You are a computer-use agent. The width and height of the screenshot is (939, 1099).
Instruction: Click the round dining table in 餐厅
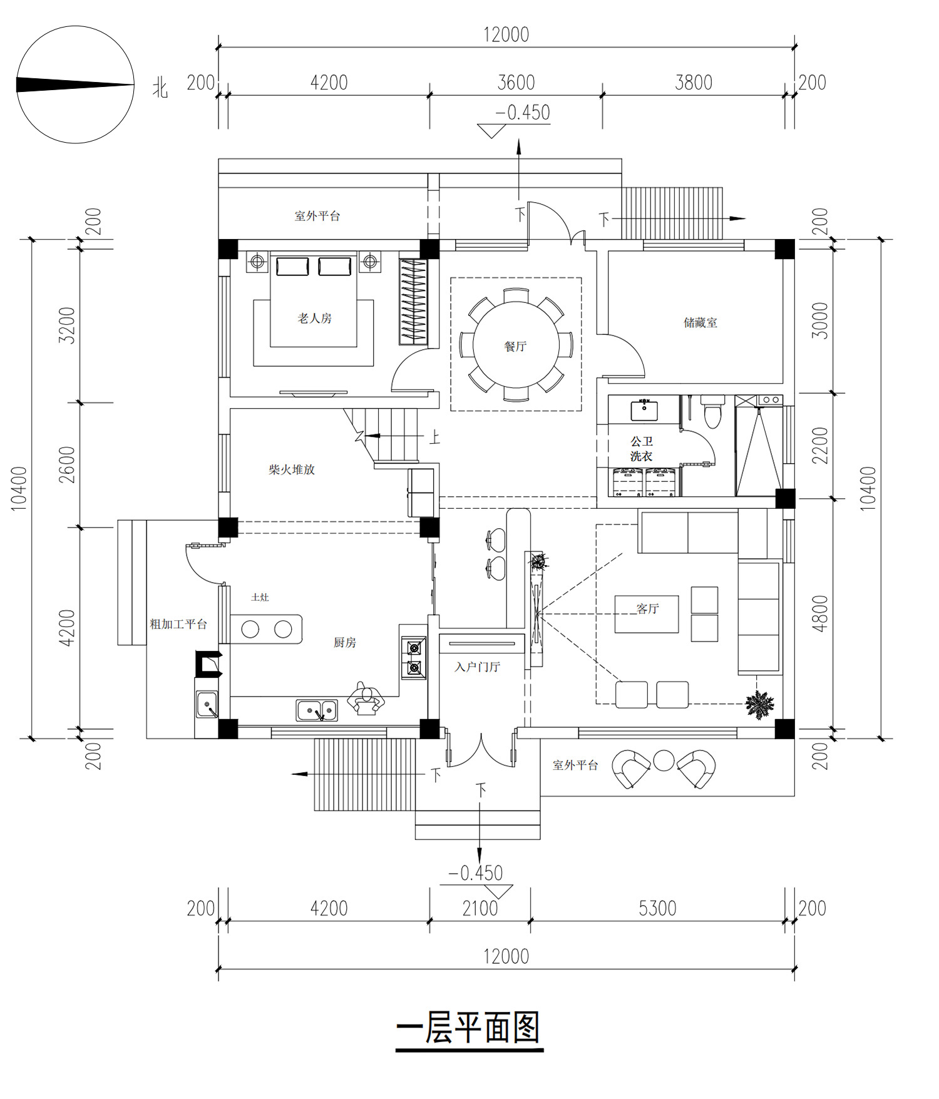coord(516,344)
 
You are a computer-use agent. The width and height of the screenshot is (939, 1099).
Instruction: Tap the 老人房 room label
coord(314,319)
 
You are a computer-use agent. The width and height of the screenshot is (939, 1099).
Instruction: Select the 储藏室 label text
coord(700,323)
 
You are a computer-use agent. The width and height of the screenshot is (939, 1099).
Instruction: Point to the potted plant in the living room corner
coord(760,705)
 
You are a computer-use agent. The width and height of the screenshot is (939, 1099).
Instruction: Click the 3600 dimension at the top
coord(516,83)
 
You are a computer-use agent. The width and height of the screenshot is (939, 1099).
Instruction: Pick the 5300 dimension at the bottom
coord(657,908)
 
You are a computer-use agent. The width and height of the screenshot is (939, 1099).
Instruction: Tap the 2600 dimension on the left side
coord(67,464)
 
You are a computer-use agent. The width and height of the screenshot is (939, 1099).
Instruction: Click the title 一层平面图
coord(469,1028)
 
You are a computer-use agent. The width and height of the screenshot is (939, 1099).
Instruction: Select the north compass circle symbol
coord(75,84)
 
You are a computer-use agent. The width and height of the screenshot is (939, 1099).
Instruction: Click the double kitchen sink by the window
coord(317,710)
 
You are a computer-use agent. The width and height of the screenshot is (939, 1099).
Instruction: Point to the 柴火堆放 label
coord(292,469)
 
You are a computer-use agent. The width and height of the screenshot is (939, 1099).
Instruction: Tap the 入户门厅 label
coord(478,667)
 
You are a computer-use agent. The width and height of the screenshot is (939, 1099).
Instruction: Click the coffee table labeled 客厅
coord(647,614)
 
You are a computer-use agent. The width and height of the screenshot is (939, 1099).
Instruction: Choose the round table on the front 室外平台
coord(664,760)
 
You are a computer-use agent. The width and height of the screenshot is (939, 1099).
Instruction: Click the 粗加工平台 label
coord(178,624)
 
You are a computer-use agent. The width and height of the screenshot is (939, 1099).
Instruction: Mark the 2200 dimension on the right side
coord(820,446)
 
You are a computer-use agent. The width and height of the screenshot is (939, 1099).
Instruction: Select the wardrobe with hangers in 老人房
coord(414,302)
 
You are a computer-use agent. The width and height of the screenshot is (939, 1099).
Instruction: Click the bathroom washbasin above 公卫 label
coord(644,411)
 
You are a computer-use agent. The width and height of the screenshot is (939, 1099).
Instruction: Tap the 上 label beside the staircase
coord(434,437)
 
